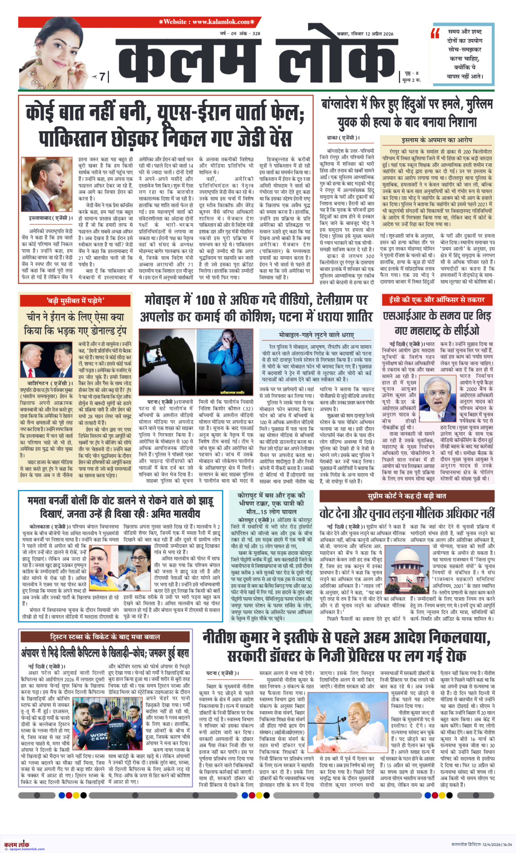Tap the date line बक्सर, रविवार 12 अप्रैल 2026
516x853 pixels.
[x=365, y=34]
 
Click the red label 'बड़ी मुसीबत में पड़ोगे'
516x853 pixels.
[x=76, y=301]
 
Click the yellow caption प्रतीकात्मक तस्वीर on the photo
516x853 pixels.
[x=232, y=393]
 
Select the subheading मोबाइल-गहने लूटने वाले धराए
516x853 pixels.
[x=316, y=335]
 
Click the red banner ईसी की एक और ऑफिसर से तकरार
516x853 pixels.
[x=437, y=300]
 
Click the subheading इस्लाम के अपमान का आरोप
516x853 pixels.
[x=437, y=140]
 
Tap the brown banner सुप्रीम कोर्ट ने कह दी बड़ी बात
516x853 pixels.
[x=406, y=496]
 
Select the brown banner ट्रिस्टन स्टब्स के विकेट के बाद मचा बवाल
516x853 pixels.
[x=105, y=637]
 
